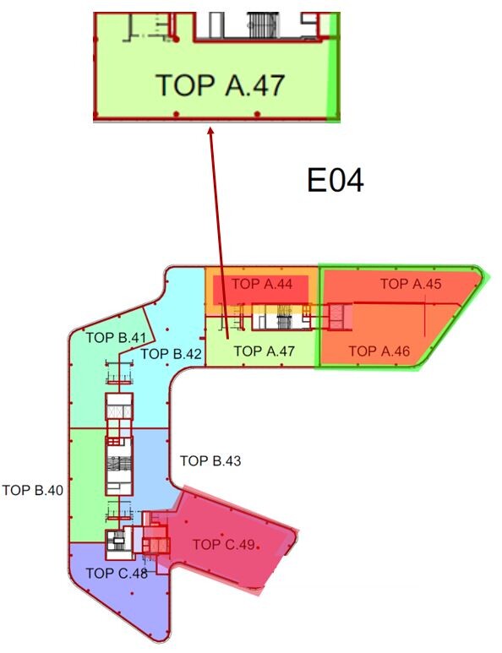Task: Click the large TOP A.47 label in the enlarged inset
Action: (x=221, y=85)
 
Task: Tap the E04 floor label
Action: (x=336, y=180)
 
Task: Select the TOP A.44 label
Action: (x=262, y=284)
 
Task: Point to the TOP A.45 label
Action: (x=411, y=284)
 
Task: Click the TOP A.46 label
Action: (x=379, y=351)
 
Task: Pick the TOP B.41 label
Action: (x=116, y=337)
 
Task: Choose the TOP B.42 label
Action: (x=171, y=354)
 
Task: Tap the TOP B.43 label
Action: (x=210, y=460)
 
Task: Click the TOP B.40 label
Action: (x=32, y=490)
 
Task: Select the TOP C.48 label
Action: (x=117, y=574)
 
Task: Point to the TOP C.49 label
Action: (x=223, y=544)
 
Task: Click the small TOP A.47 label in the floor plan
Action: (x=265, y=351)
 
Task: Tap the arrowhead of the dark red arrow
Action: (x=210, y=131)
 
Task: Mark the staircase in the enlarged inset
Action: (x=264, y=25)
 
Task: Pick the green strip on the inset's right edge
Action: (x=334, y=67)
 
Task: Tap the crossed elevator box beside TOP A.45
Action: (x=336, y=317)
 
